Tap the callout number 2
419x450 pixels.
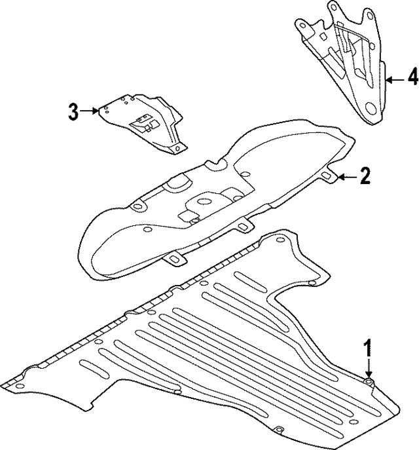[x=365, y=176]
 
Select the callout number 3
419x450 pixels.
[x=73, y=111]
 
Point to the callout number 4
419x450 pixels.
[x=411, y=79]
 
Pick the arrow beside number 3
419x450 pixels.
[x=90, y=112]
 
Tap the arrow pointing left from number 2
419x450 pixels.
[x=347, y=176]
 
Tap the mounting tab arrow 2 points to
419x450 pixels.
[x=328, y=176]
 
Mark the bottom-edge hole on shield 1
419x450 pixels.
[x=278, y=430]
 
